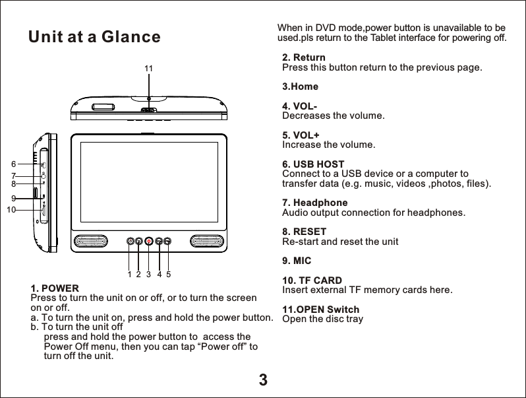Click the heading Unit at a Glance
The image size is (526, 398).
click(94, 38)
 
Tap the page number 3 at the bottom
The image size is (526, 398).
click(263, 380)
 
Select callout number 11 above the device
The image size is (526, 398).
click(148, 69)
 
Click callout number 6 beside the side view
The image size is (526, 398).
click(13, 164)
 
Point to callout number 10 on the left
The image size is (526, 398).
click(11, 209)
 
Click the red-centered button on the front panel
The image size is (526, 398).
click(149, 242)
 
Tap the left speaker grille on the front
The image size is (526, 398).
click(93, 241)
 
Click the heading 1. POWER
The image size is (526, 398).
click(55, 289)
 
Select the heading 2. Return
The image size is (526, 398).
click(303, 58)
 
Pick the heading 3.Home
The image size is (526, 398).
click(300, 87)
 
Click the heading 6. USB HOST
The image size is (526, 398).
click(313, 164)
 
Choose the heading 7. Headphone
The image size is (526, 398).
click(314, 203)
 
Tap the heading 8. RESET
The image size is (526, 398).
click(304, 232)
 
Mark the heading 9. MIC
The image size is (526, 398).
click(297, 261)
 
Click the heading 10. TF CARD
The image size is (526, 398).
click(312, 281)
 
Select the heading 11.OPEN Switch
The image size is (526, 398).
click(320, 310)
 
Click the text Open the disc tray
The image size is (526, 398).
click(322, 319)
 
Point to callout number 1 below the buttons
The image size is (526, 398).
click(130, 273)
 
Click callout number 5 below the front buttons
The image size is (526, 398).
click(169, 273)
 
